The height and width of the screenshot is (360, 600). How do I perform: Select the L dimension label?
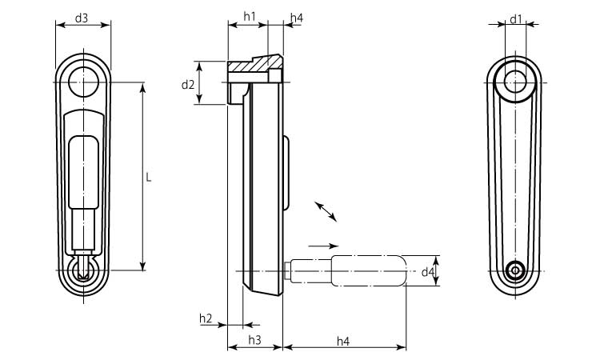point(149,177)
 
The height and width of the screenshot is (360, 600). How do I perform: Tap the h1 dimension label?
point(249,17)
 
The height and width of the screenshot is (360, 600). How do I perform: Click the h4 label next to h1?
point(297,17)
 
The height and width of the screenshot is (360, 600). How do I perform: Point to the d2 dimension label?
point(187,84)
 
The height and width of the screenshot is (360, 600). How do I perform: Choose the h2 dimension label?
point(206,318)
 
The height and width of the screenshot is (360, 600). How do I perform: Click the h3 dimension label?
point(254,341)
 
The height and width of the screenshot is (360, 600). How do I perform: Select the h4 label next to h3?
point(343,341)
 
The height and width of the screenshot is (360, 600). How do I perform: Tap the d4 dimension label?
point(428,272)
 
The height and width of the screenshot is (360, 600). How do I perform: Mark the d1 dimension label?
point(516,17)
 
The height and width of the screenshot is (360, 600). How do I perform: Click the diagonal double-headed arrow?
point(326,211)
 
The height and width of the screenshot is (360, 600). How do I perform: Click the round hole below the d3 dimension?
point(82,81)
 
